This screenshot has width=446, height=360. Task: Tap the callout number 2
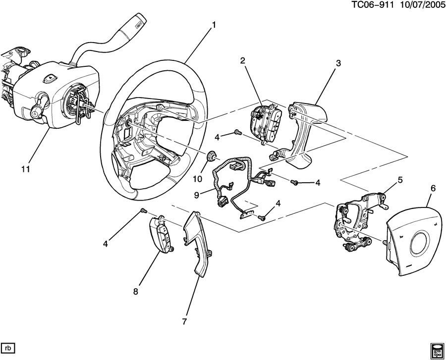243,60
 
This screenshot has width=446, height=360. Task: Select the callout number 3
338,63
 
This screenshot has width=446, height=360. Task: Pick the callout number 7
184,321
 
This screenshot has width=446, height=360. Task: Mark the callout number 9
196,195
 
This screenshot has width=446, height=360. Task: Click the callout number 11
25,169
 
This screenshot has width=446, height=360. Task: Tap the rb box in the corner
8,346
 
